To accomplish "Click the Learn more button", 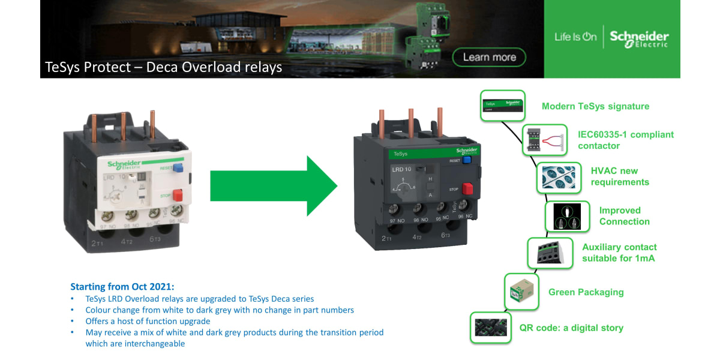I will (x=490, y=58).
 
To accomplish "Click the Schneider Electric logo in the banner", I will (x=638, y=38).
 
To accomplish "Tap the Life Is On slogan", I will (x=575, y=37).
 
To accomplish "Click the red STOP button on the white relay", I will (x=177, y=195).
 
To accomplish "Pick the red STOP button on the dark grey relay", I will (x=467, y=189).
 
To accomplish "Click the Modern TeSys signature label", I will (x=595, y=106).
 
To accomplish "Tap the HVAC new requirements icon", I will (x=558, y=177).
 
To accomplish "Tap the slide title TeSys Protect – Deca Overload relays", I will (x=164, y=67).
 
